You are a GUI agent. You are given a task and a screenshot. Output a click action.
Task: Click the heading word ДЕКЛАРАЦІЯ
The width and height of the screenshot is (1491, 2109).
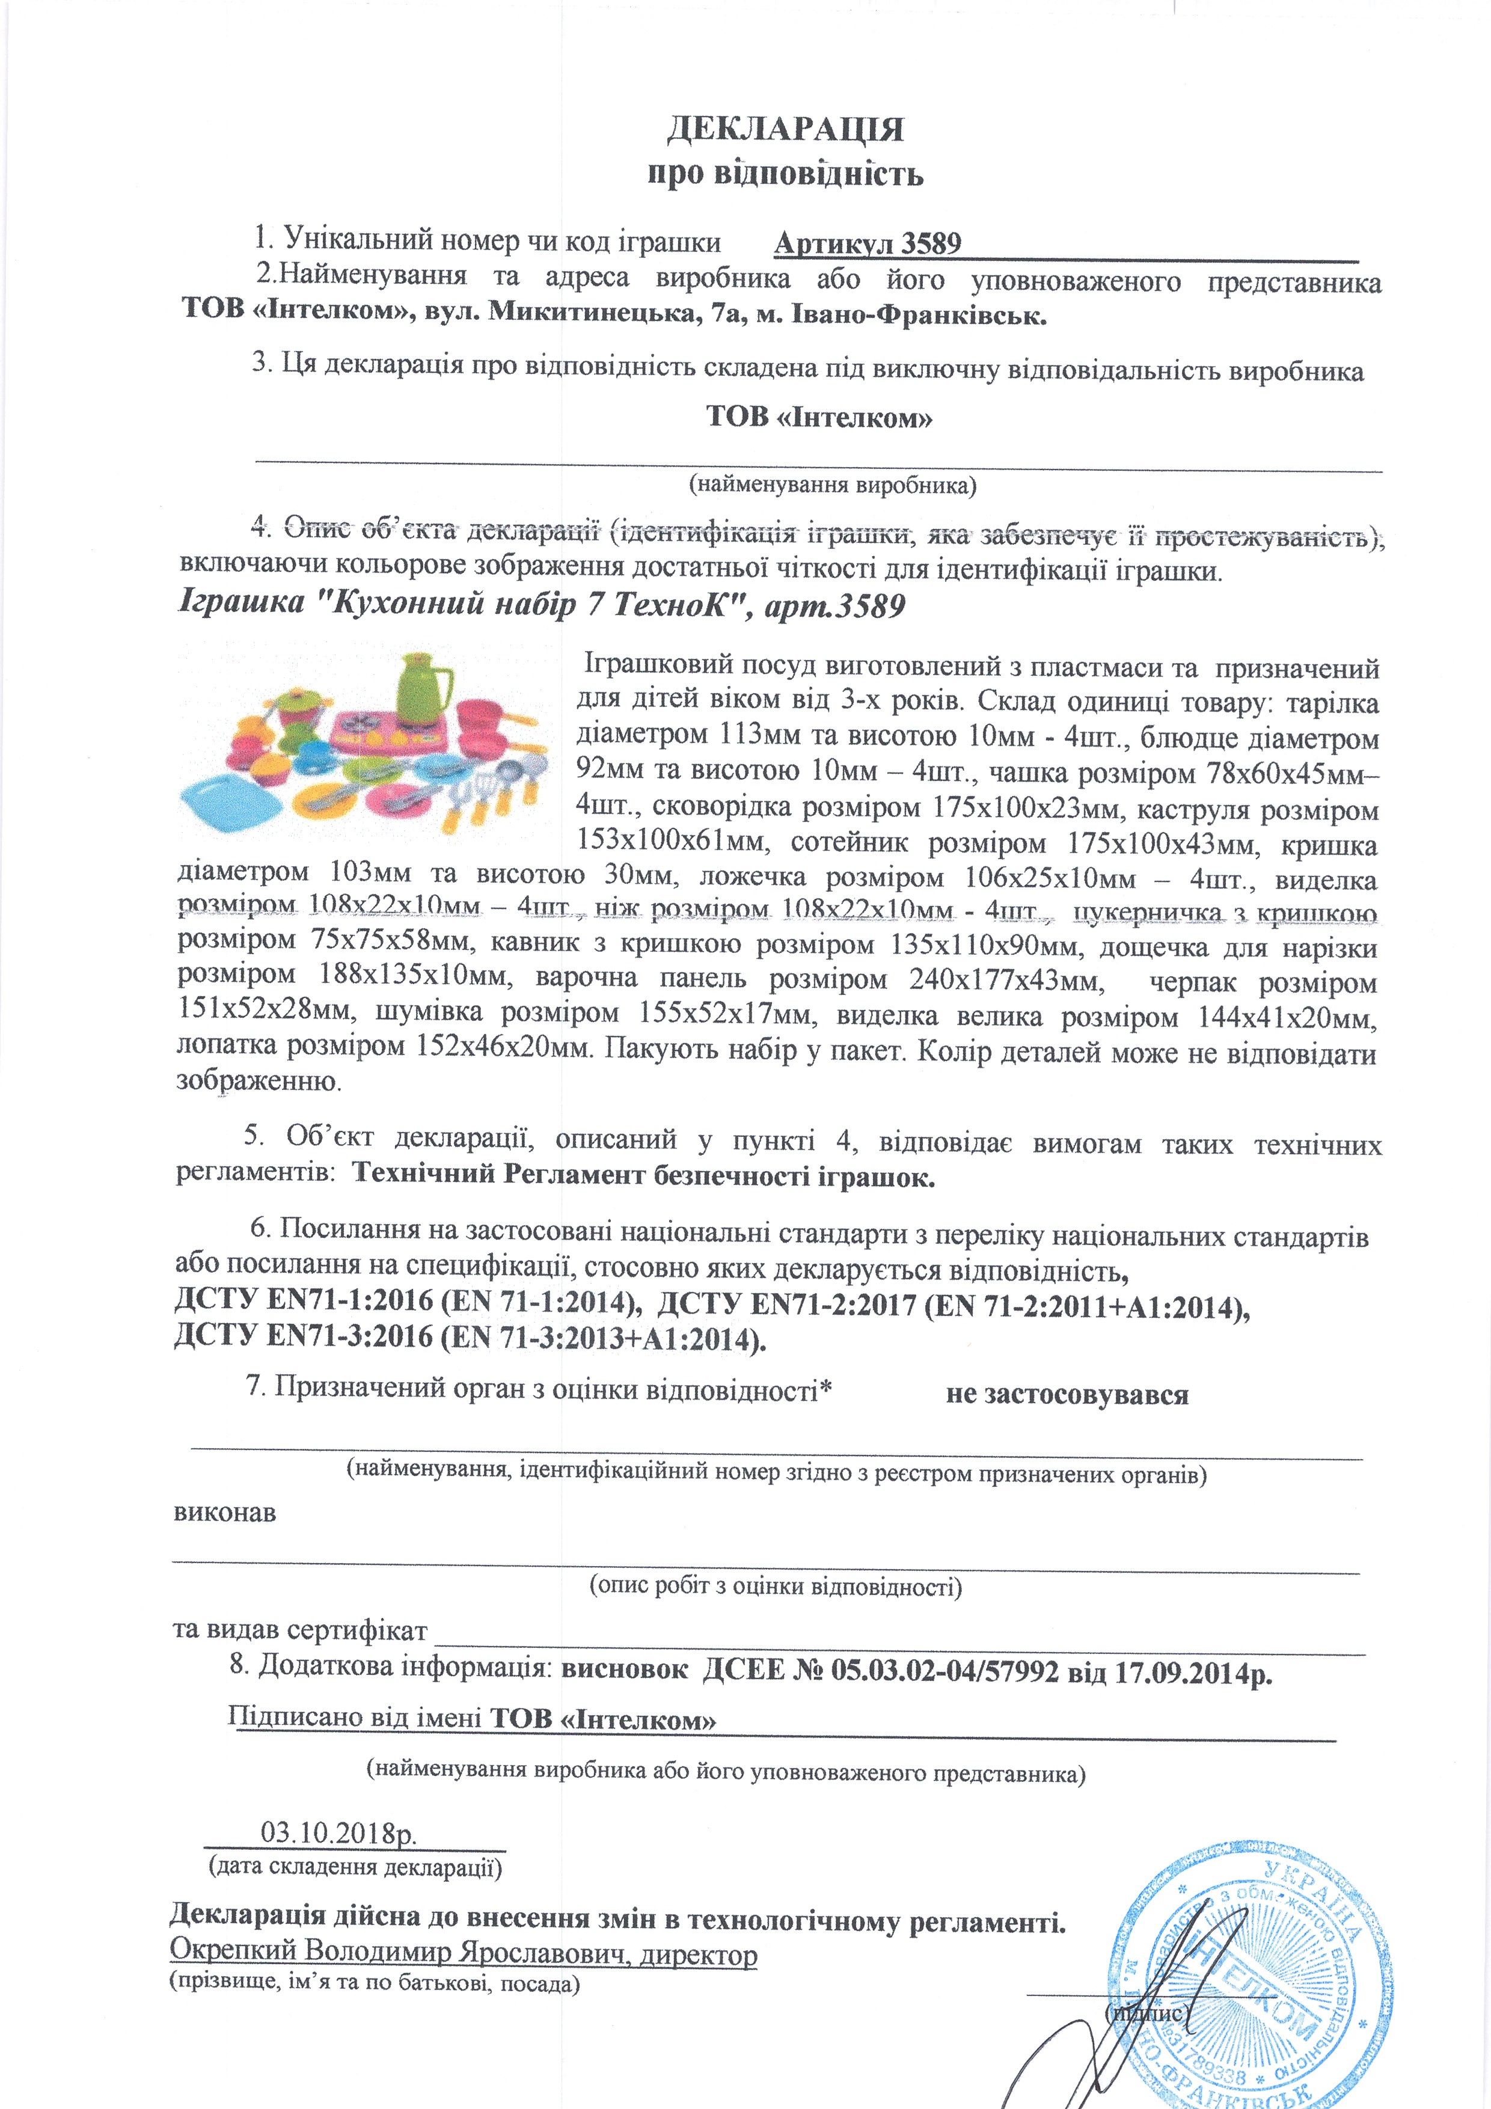(785, 129)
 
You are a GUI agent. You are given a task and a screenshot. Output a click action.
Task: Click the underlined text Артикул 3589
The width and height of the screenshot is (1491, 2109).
(867, 243)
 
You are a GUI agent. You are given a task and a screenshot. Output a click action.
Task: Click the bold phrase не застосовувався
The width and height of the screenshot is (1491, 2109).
(1067, 1394)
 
